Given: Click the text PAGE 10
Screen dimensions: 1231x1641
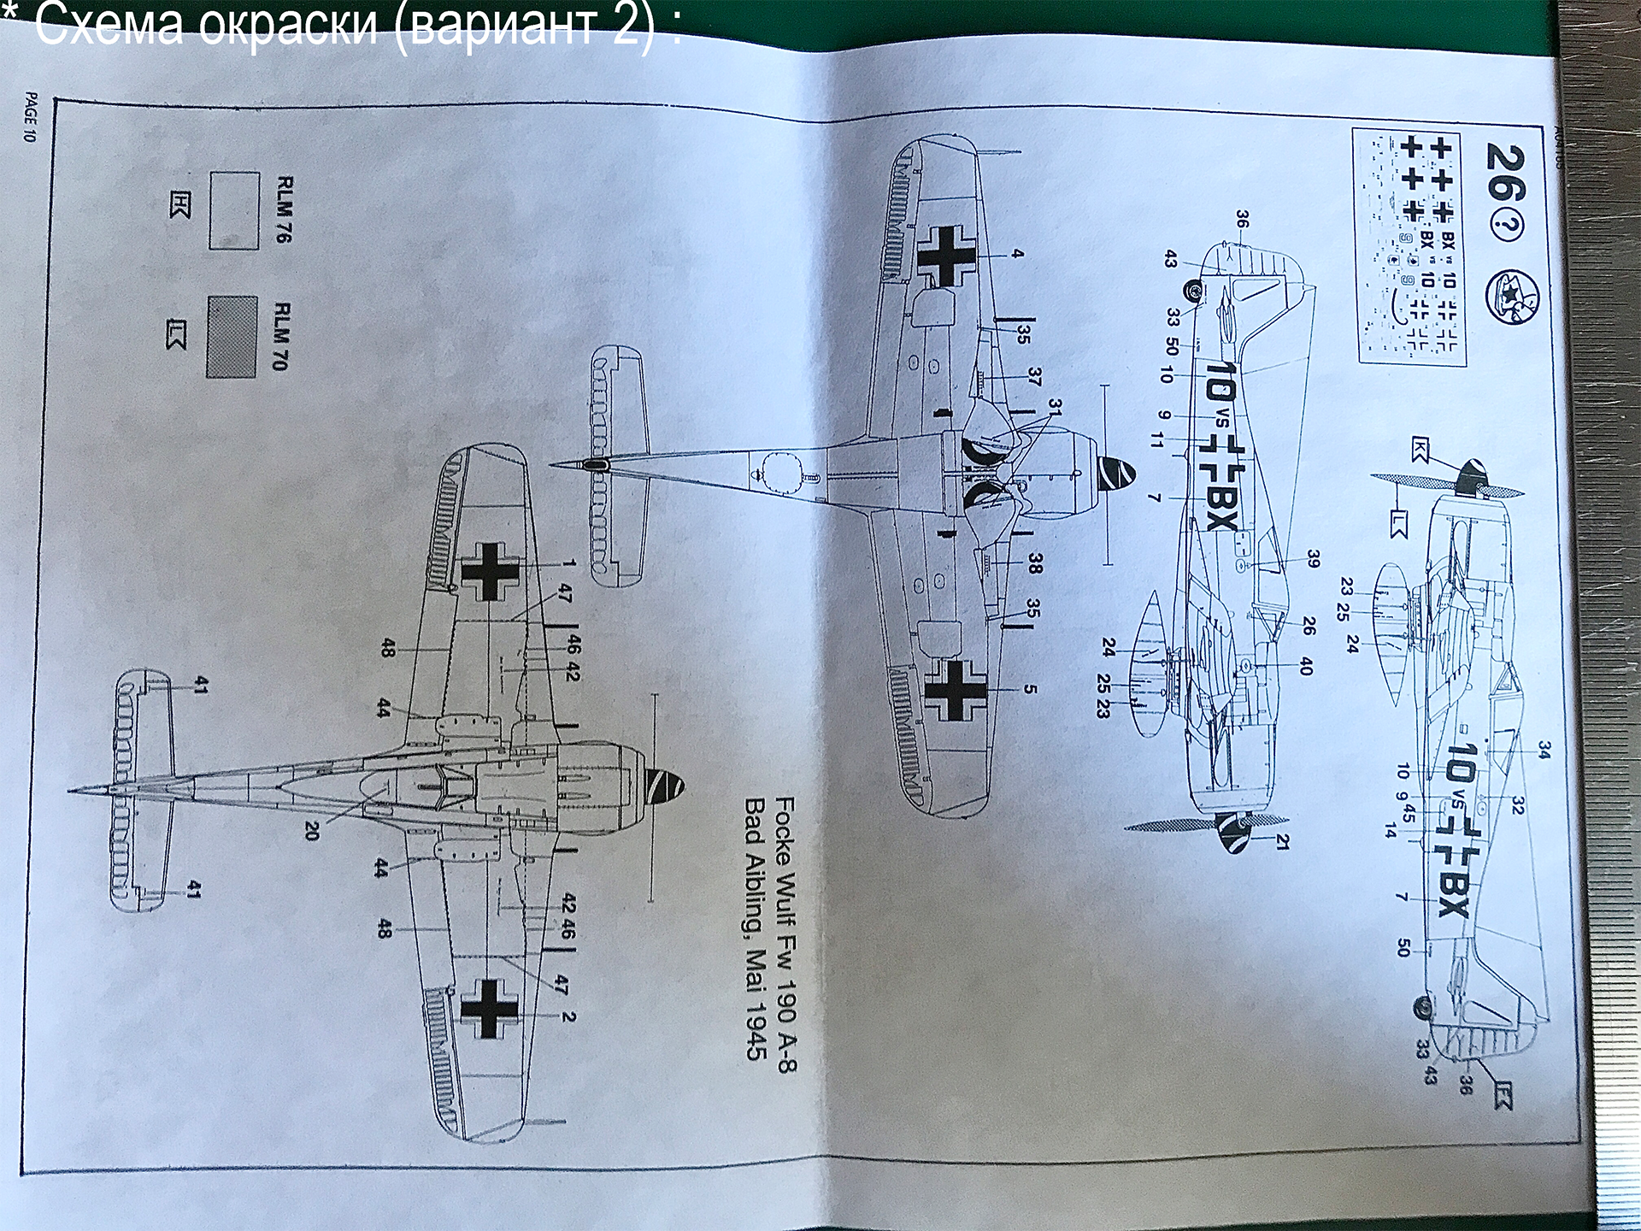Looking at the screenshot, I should point(31,117).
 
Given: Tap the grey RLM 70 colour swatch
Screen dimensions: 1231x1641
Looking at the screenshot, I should point(232,337).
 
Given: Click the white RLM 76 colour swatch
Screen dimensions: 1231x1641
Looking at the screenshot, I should point(234,210).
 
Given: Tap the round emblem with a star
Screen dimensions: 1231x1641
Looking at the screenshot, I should point(1511,297).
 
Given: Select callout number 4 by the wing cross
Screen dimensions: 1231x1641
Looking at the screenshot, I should point(1017,254).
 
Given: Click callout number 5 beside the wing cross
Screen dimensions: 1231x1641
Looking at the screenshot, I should point(1030,689).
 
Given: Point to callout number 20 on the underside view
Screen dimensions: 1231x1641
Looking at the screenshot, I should point(312,830).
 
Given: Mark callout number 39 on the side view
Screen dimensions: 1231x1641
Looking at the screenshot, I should point(1313,559).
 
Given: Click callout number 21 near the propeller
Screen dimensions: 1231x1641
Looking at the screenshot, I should point(1282,842).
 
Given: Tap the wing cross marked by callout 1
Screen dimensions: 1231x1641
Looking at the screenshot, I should point(490,570).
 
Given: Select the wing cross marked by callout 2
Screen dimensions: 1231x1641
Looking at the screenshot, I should point(489,1009).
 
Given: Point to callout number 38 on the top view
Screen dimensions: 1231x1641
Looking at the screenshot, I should point(1035,562).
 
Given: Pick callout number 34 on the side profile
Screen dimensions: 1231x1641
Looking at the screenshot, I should point(1544,750).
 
